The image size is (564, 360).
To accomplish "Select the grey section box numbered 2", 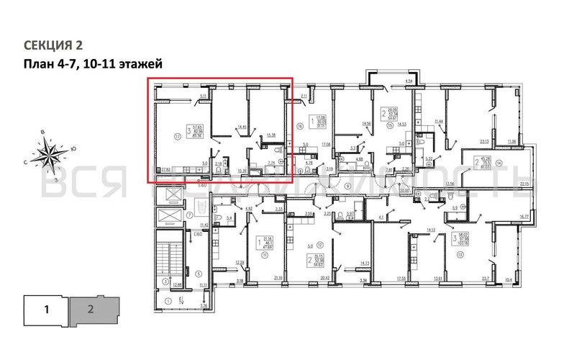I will tap(91, 311).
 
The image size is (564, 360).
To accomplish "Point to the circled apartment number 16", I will tap(300, 125).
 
